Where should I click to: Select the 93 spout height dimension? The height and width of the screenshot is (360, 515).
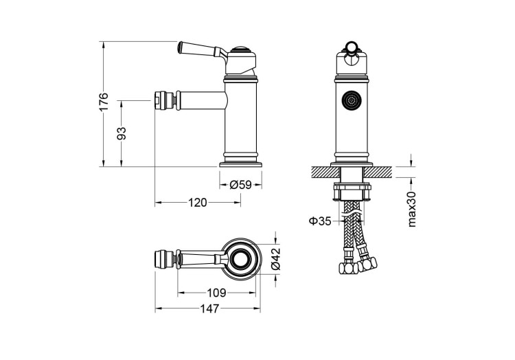coord(122,133)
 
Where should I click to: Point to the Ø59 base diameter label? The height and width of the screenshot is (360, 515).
coord(240,184)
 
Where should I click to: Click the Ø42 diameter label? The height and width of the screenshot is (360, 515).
coord(275,259)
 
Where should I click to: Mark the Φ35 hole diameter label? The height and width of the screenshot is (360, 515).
coord(319,221)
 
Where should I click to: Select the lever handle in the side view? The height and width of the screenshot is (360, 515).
coord(199,49)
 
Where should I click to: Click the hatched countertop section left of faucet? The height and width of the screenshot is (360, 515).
coord(323,170)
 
